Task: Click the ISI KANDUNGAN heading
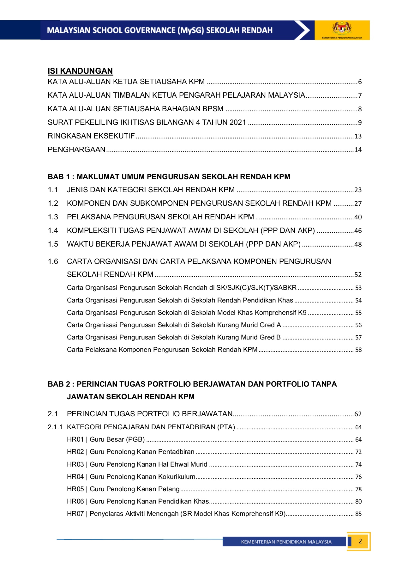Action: pyautogui.click(x=80, y=71)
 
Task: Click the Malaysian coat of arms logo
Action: pyautogui.click(x=342, y=28)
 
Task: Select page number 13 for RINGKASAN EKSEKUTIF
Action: pyautogui.click(x=358, y=136)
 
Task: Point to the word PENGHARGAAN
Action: pyautogui.click(x=76, y=150)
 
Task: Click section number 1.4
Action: pyautogui.click(x=53, y=231)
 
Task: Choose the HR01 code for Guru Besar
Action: pyautogui.click(x=75, y=439)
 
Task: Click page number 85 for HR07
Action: pyautogui.click(x=358, y=514)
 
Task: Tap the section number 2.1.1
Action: pyautogui.click(x=55, y=427)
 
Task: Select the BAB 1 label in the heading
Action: pyautogui.click(x=59, y=177)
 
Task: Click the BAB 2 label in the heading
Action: pyautogui.click(x=59, y=384)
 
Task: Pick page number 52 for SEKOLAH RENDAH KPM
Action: pyautogui.click(x=358, y=275)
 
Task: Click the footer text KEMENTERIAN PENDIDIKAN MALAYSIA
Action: pyautogui.click(x=286, y=542)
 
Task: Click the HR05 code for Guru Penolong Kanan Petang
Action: pyautogui.click(x=75, y=489)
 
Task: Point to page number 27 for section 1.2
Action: pyautogui.click(x=358, y=204)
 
